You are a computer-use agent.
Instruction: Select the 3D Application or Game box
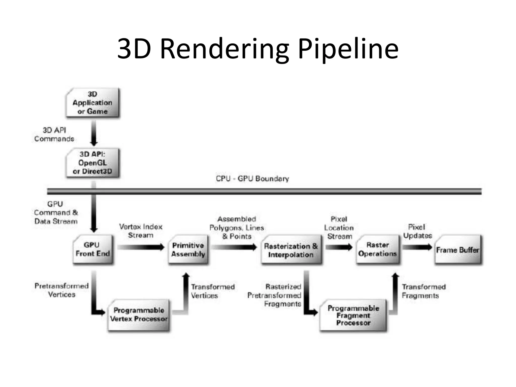click(92, 103)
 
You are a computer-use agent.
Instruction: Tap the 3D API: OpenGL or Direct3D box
click(92, 163)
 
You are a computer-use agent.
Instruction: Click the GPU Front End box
click(93, 249)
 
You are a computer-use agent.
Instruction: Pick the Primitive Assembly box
click(188, 249)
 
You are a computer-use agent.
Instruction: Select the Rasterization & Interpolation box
click(291, 250)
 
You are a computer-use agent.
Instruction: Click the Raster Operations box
click(377, 249)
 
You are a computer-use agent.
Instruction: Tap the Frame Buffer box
click(458, 250)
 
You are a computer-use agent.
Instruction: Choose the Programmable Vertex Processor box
click(139, 315)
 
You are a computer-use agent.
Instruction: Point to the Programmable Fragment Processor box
click(353, 315)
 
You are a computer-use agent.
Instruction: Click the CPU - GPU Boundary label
click(252, 179)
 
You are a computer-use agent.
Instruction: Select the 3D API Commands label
click(54, 135)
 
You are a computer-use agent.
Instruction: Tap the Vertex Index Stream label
click(141, 231)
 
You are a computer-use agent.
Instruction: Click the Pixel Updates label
click(417, 231)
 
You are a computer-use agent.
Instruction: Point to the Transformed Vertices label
click(212, 291)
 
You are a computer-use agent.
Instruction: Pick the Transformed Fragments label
click(423, 291)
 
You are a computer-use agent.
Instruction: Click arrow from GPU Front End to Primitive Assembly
click(141, 247)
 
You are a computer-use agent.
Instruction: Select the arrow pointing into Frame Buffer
click(417, 247)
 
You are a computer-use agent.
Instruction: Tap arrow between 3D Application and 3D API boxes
click(94, 133)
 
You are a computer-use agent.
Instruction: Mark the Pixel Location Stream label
click(339, 228)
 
